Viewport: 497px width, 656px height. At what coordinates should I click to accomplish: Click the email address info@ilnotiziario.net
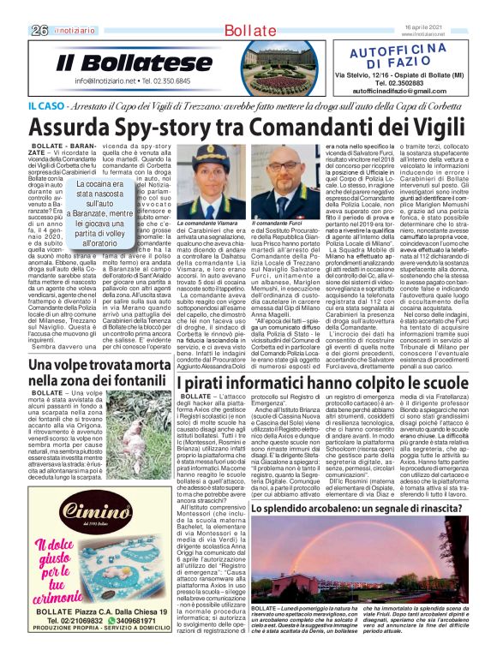coord(111,81)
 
